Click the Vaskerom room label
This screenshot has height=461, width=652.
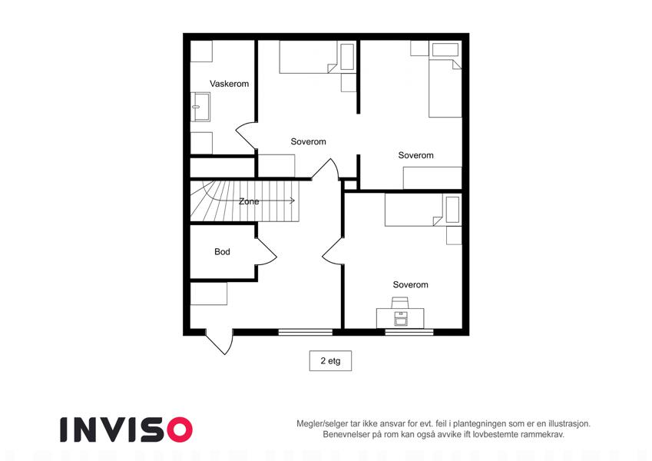coord(229,84)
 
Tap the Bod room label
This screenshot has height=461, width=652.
coord(222,252)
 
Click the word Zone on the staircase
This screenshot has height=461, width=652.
coord(249,201)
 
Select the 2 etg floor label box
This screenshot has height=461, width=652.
coord(330,360)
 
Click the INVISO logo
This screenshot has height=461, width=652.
coord(127,429)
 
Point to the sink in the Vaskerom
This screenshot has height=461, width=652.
coord(200,107)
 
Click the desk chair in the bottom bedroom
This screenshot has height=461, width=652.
coord(400,303)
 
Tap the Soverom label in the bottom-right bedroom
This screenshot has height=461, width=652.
coord(410,284)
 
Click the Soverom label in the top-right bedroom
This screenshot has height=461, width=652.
coord(415,155)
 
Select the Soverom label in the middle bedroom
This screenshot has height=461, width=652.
coord(308,141)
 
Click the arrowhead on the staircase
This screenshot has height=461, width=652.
coord(293,201)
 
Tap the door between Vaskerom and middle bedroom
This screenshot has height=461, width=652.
coord(245,135)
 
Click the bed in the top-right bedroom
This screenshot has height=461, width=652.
coord(445,88)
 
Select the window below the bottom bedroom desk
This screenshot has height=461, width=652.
coord(409,332)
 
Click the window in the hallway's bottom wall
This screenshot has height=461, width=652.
coord(305,332)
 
